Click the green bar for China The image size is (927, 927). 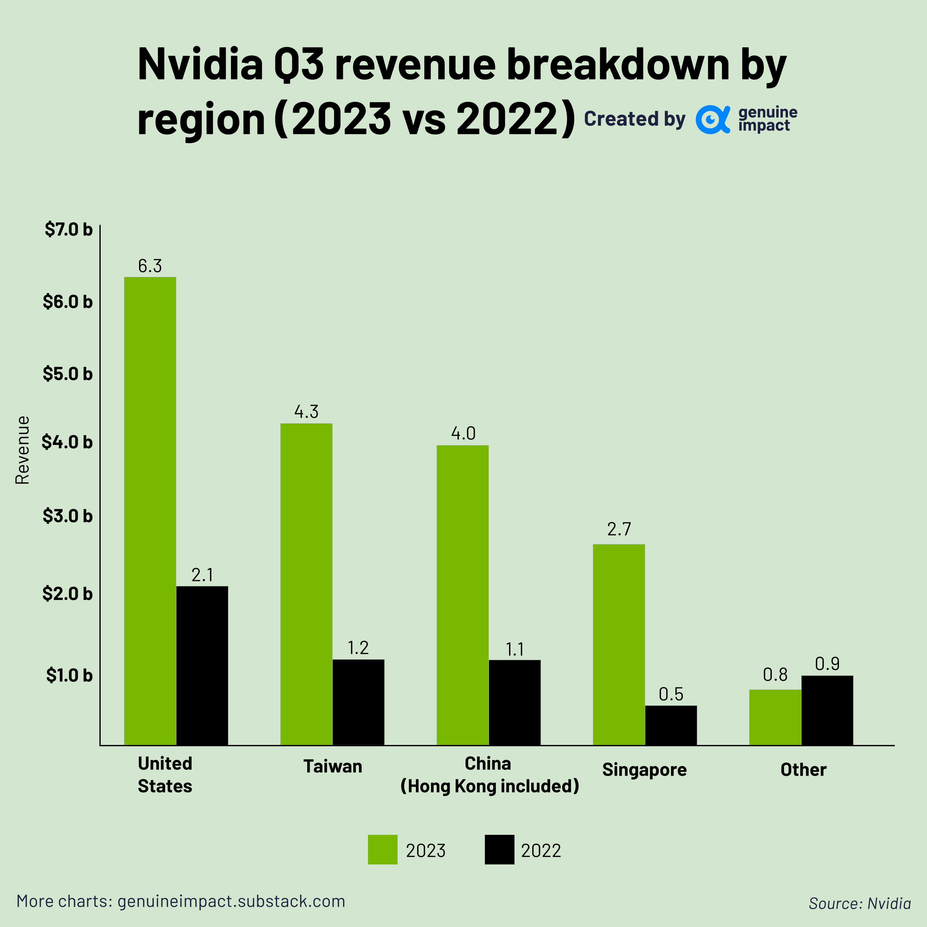pos(462,595)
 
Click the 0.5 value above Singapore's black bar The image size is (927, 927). pos(671,694)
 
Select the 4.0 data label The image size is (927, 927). pos(463,433)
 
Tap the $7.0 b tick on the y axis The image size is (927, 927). pos(68,229)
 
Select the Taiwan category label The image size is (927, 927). pos(332,766)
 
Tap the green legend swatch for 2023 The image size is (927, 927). pos(382,850)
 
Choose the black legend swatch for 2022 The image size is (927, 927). pos(499,850)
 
